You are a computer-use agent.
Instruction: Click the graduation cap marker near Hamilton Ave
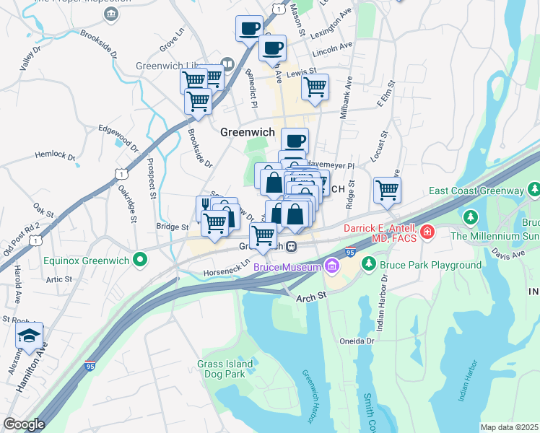pyautogui.click(x=29, y=336)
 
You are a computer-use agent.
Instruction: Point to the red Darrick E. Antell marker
pyautogui.click(x=427, y=232)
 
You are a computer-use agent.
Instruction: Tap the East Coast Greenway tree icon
pyautogui.click(x=534, y=191)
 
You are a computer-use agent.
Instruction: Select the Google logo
pyautogui.click(x=24, y=424)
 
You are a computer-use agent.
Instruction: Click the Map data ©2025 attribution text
pyautogui.click(x=509, y=427)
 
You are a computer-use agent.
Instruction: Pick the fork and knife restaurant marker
pyautogui.click(x=205, y=207)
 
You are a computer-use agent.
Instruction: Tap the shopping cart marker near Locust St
pyautogui.click(x=388, y=191)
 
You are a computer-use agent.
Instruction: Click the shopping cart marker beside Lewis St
pyautogui.click(x=315, y=87)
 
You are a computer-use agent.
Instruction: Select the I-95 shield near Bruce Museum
pyautogui.click(x=350, y=252)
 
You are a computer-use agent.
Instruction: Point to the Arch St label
pyautogui.click(x=311, y=294)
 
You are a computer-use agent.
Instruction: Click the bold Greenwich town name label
pyautogui.click(x=248, y=132)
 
